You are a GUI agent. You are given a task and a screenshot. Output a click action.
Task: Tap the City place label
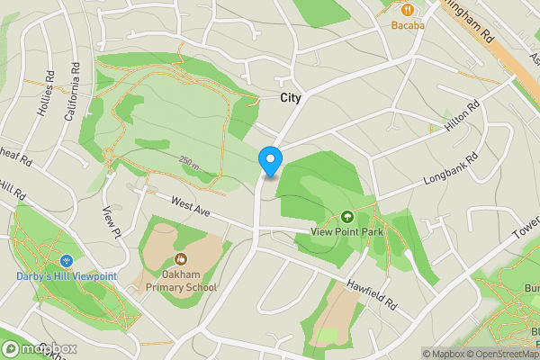(x=291, y=98)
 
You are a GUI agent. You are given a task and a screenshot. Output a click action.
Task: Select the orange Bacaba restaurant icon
(x=408, y=9)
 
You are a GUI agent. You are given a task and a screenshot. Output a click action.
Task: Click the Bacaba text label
(x=408, y=25)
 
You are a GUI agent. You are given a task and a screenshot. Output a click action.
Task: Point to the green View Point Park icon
(x=347, y=216)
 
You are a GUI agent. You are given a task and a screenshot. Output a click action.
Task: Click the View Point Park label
(x=347, y=231)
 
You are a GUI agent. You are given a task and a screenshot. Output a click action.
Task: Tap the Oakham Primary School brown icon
(x=181, y=260)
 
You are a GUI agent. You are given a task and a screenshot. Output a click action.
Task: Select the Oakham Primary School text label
(x=181, y=282)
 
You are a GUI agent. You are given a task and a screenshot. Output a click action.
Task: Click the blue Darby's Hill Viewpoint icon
(x=66, y=261)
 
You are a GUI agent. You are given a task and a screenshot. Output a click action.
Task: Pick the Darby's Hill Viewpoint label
(x=66, y=276)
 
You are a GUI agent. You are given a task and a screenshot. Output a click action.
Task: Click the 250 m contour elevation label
(x=190, y=162)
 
